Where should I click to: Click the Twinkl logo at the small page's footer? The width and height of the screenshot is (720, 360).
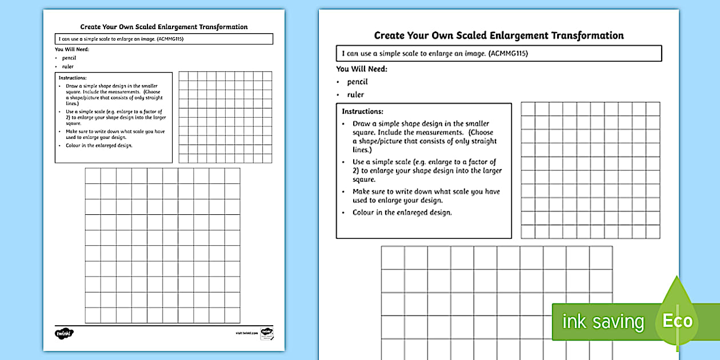pyautogui.click(x=64, y=333)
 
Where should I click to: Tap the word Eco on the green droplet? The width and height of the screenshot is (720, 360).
pyautogui.click(x=677, y=321)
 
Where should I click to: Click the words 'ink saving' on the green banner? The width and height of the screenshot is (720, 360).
pyautogui.click(x=603, y=322)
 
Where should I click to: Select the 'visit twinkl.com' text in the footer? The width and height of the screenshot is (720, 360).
pyautogui.click(x=247, y=332)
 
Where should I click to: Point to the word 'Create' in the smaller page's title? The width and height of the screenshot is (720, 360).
pyautogui.click(x=90, y=27)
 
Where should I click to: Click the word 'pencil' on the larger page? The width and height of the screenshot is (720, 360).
pyautogui.click(x=357, y=82)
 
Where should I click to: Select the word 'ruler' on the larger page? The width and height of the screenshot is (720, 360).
pyautogui.click(x=355, y=95)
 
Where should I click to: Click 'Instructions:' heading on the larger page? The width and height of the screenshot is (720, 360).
pyautogui.click(x=362, y=111)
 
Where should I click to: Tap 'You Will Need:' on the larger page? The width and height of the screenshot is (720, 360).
pyautogui.click(x=361, y=69)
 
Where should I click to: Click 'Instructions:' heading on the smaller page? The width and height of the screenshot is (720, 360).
pyautogui.click(x=73, y=78)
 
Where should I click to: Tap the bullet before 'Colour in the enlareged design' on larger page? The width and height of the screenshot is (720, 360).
pyautogui.click(x=343, y=213)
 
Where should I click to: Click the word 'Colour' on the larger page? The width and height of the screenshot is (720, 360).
pyautogui.click(x=363, y=213)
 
